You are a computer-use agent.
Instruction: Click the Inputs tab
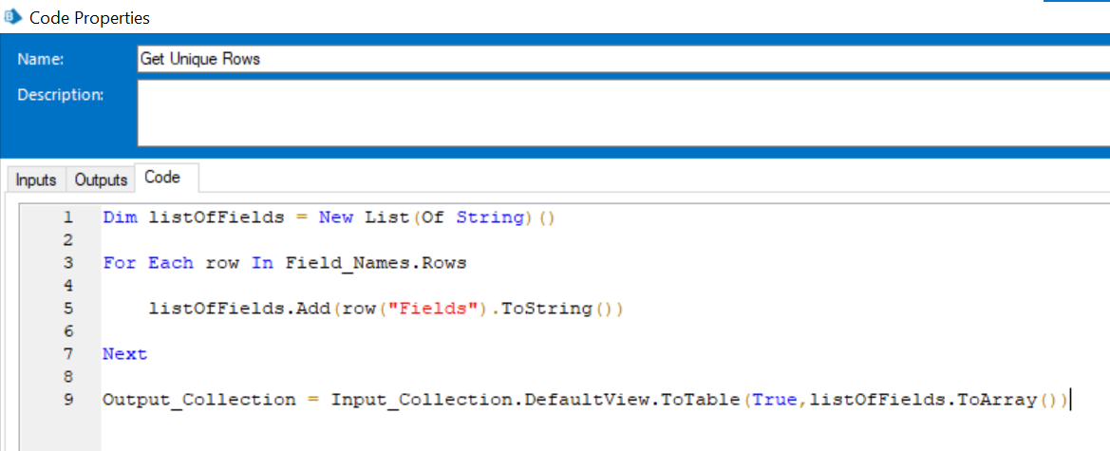click(x=35, y=180)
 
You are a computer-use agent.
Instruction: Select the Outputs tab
click(x=101, y=180)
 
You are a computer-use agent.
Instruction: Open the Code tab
click(x=162, y=178)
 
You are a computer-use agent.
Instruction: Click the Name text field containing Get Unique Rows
click(x=623, y=60)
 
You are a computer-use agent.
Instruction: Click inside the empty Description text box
click(x=623, y=113)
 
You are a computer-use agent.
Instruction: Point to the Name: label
click(x=41, y=60)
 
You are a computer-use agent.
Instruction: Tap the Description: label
click(x=61, y=95)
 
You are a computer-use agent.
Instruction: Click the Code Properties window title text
click(x=90, y=18)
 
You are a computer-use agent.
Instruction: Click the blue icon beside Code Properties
click(x=12, y=17)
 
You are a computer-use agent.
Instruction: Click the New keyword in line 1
click(x=336, y=218)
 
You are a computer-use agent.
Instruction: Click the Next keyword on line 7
click(x=125, y=354)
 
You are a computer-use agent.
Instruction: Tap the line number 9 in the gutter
click(x=68, y=400)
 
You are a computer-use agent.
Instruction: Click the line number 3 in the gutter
click(x=68, y=263)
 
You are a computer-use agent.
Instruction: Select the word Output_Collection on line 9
click(x=199, y=400)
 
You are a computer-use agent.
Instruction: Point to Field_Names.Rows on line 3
click(x=376, y=264)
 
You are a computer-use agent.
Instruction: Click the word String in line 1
click(x=489, y=218)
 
